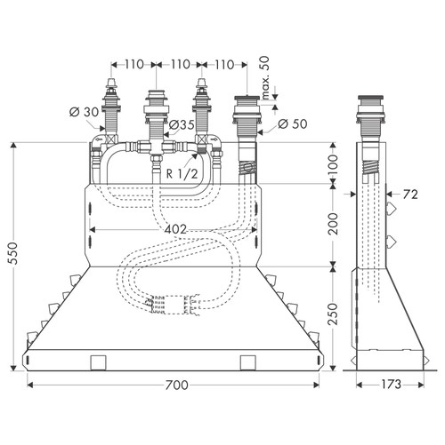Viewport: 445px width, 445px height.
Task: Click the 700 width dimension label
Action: click(x=176, y=385)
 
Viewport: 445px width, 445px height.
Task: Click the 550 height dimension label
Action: click(x=12, y=253)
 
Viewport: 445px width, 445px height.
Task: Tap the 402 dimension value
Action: click(x=175, y=229)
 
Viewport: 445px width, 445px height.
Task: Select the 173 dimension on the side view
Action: click(x=392, y=385)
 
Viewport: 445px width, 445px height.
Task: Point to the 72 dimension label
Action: click(x=410, y=195)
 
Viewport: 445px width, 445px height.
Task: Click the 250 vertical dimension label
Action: click(x=335, y=314)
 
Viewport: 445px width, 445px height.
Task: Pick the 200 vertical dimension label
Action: click(x=335, y=224)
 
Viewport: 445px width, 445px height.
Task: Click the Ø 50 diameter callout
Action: click(x=293, y=123)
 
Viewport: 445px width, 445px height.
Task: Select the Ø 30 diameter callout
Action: click(x=84, y=112)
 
